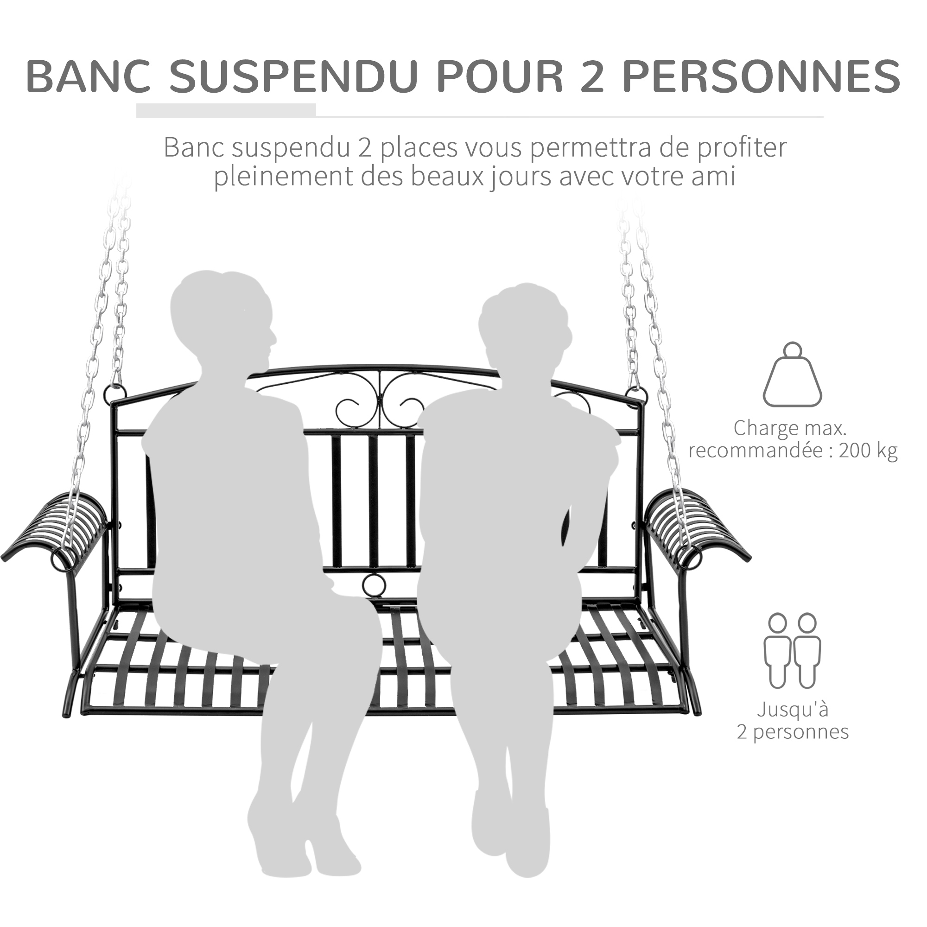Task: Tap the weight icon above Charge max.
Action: (x=792, y=374)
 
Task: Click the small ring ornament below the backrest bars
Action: (x=374, y=585)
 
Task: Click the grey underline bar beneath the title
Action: (x=226, y=110)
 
